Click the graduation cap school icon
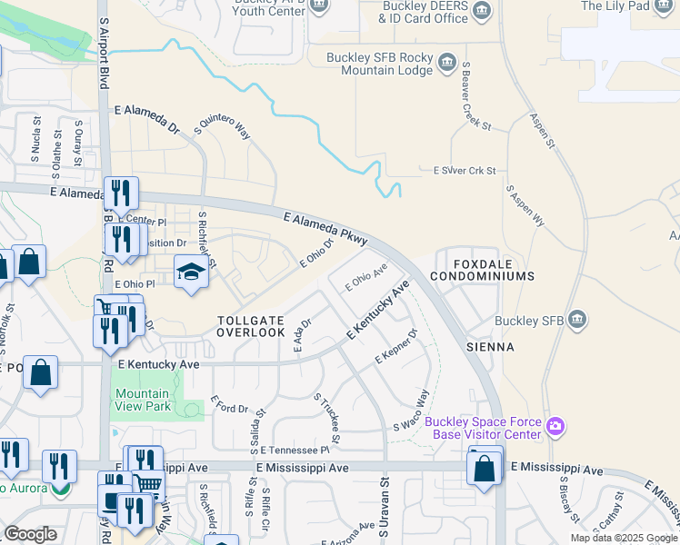191,272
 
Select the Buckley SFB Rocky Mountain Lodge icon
446,63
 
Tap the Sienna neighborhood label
490,347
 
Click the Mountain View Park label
142,400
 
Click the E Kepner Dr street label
395,348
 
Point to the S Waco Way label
411,411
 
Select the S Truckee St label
326,419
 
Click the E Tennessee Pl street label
294,450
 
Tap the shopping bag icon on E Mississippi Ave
485,469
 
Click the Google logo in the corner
30,534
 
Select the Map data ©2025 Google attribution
623,538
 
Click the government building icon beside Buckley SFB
577,320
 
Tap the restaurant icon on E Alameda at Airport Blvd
120,193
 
